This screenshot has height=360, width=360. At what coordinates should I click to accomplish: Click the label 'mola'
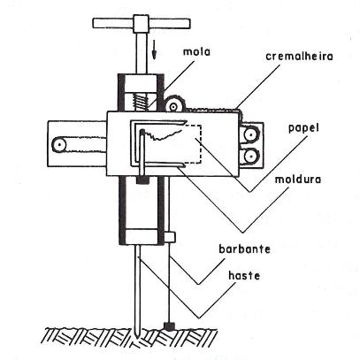coord(197,52)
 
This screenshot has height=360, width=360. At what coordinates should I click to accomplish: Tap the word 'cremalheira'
coord(299,56)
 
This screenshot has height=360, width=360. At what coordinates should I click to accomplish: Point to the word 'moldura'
coord(298,180)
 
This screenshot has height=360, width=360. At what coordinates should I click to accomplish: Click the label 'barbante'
coord(244,249)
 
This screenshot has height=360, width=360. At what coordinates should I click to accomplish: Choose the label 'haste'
coord(244,276)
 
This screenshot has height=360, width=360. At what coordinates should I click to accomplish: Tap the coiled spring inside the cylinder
coord(141,102)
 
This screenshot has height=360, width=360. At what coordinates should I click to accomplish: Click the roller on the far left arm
coord(59,145)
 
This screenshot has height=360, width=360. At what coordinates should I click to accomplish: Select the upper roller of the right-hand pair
coord(250,135)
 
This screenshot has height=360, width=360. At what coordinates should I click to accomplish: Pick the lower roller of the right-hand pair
coord(250,156)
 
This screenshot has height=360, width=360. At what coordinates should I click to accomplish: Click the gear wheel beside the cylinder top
coord(173,104)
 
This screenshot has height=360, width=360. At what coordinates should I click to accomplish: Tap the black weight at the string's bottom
coord(169,326)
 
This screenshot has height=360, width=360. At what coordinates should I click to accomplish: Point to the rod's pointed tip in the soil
coord(137,335)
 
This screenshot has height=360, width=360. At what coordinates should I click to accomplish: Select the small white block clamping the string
coord(170,237)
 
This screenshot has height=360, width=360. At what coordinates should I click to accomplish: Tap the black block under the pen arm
coord(142,180)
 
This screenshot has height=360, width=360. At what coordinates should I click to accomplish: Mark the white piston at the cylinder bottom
coord(142,236)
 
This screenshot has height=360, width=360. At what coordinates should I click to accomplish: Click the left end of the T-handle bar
coord(94,23)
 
